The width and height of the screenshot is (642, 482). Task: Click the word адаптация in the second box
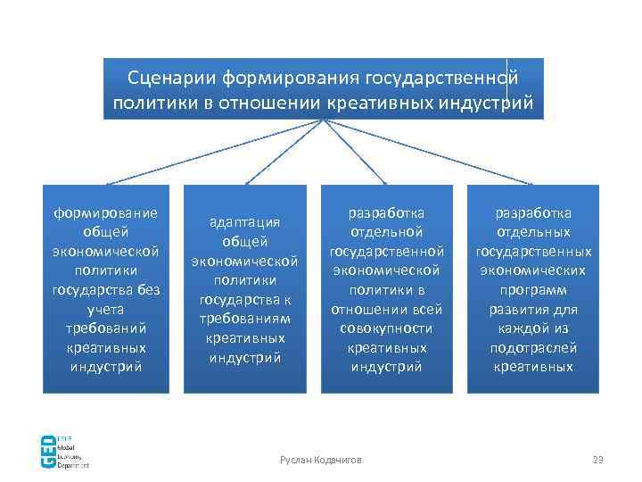pyautogui.click(x=244, y=222)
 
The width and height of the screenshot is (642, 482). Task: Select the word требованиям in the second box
pyautogui.click(x=244, y=319)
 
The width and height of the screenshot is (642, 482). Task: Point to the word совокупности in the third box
pyautogui.click(x=386, y=328)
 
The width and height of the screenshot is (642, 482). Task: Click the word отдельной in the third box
pyautogui.click(x=386, y=232)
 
